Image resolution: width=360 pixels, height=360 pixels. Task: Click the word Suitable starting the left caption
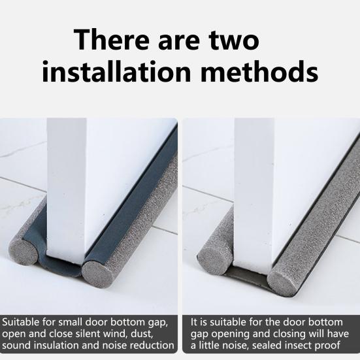pos(24,322)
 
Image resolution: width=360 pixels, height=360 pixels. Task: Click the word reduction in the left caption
pos(152,346)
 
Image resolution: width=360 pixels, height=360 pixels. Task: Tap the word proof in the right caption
pos(333,346)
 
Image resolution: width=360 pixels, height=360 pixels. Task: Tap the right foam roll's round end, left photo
pos(97,274)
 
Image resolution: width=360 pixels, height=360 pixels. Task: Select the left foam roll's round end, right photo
pos(214,258)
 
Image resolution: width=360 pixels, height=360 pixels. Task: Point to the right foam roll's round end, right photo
pos(282,281)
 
